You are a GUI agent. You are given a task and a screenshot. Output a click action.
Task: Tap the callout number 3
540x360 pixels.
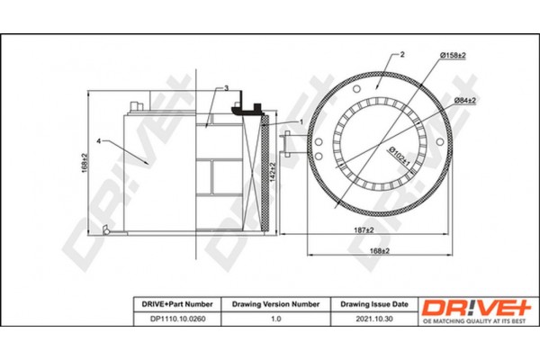point(227,88)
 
